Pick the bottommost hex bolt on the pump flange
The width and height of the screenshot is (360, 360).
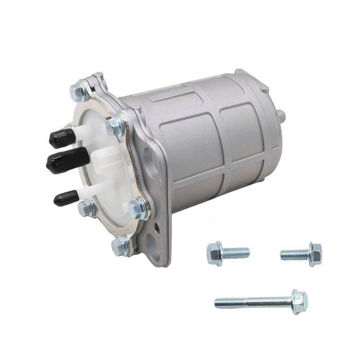click(x=120, y=246)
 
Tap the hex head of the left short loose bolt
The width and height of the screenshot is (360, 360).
click(x=214, y=254)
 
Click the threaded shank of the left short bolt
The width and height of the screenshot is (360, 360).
click(x=237, y=253)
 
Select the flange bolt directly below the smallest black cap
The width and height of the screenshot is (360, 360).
click(x=86, y=208)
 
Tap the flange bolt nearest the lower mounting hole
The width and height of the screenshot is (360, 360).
click(x=137, y=209)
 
